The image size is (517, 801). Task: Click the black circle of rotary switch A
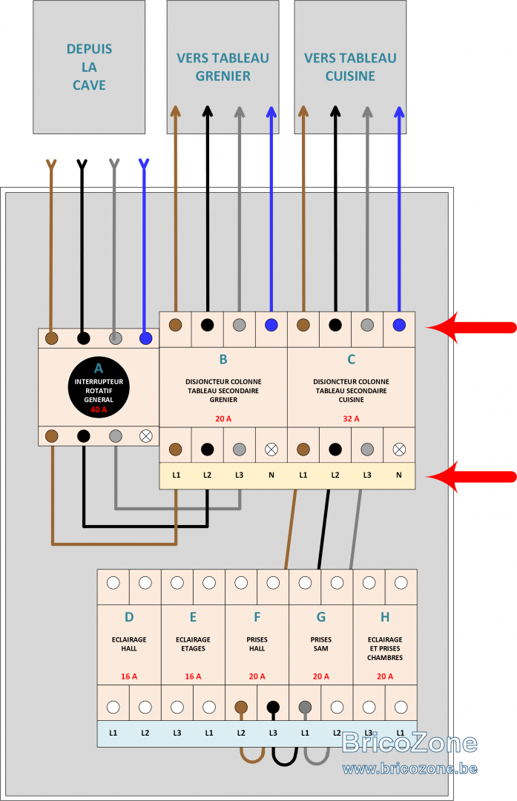[x=99, y=387]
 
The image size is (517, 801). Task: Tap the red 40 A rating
[x=99, y=409]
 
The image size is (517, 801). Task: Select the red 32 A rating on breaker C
[x=351, y=418]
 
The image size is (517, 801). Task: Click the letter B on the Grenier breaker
[x=223, y=359]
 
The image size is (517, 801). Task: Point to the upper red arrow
[x=470, y=327]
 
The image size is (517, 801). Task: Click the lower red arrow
[x=470, y=477]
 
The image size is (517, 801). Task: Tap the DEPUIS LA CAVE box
[x=89, y=67]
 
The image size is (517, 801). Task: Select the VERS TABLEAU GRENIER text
[x=223, y=67]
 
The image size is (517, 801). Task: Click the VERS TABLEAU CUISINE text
[x=350, y=67]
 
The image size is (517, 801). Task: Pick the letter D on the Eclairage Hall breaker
[x=129, y=617]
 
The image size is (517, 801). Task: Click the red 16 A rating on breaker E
[x=193, y=676]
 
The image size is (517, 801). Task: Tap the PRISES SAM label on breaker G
[x=321, y=644]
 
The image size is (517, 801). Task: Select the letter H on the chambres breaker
[x=385, y=617]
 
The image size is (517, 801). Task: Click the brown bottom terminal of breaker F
[x=241, y=707]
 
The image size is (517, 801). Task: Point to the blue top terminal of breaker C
[x=399, y=324]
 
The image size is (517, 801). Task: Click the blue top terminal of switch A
[x=145, y=337]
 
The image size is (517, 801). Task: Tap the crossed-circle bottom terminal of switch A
[x=146, y=436]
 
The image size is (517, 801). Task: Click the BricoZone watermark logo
[x=409, y=742]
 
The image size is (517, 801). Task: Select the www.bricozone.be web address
[x=409, y=768]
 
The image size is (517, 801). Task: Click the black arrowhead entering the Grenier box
[x=208, y=111]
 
